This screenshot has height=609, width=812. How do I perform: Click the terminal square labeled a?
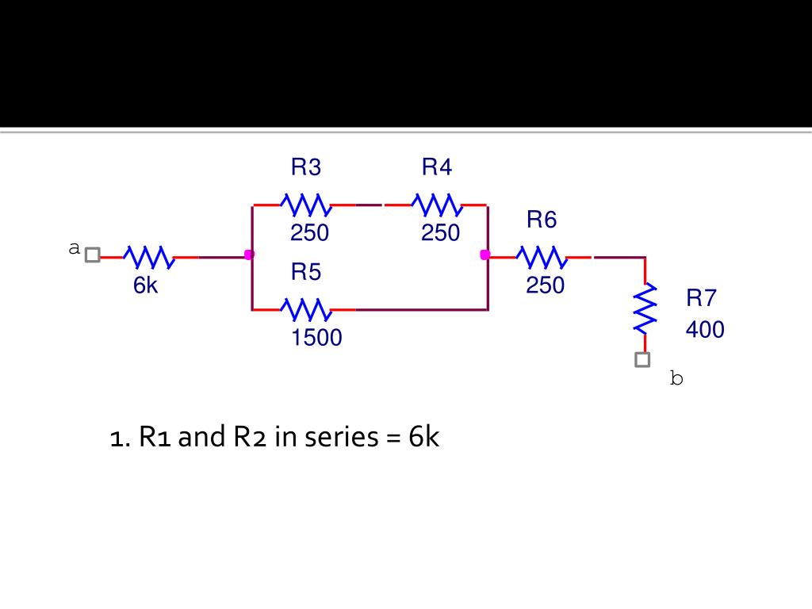pos(92,255)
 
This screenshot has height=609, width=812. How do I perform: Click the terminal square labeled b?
pos(642,359)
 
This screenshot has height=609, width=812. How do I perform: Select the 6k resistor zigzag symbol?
pos(149,257)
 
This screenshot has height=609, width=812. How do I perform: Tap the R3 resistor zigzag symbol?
pos(306,205)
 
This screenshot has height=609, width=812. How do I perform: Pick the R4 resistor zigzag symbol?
pos(437,205)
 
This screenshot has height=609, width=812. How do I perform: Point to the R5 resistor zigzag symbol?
pos(306,310)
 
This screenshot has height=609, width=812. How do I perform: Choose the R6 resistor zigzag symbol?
pos(542,257)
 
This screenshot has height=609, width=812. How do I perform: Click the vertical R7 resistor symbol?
pos(645,309)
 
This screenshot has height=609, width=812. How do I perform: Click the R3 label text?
pos(306,167)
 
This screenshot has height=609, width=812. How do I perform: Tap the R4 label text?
pos(437,167)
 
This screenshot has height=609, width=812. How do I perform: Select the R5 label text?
pos(306,271)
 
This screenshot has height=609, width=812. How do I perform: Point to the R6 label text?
pos(542,219)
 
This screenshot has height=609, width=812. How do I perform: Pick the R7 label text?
pos(701,298)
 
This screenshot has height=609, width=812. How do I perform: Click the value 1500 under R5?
pos(316,338)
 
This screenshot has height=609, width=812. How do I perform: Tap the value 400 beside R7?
pos(705,329)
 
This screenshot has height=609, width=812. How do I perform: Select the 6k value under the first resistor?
pos(146,285)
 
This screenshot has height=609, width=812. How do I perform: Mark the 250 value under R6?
pos(546,285)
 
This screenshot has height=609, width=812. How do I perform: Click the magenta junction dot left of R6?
pos(485,255)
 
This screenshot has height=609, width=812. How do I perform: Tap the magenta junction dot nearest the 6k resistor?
pos(249,255)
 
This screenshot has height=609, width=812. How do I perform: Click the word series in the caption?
pos(342,437)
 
